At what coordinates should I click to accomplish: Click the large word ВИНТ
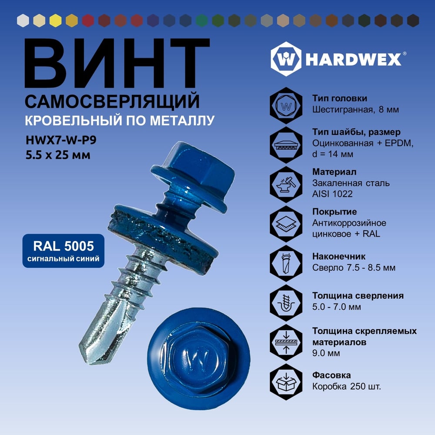(x=117, y=63)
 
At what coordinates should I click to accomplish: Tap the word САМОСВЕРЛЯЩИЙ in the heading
(x=112, y=101)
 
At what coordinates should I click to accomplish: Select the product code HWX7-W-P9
(x=61, y=140)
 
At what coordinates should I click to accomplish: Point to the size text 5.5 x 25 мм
(x=58, y=155)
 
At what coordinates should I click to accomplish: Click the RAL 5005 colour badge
(x=63, y=251)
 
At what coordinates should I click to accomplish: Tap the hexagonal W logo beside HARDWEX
(x=286, y=59)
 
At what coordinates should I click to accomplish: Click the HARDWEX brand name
(x=353, y=59)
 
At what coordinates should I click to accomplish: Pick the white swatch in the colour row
(x=23, y=20)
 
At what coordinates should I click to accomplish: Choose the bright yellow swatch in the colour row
(x=56, y=20)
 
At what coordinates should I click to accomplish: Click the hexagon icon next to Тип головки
(x=286, y=106)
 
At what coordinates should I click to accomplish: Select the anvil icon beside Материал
(x=286, y=184)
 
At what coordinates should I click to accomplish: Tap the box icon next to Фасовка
(x=286, y=382)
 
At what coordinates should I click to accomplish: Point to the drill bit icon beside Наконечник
(x=286, y=263)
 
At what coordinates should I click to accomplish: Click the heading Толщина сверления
(x=358, y=296)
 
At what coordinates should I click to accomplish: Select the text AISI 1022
(x=332, y=194)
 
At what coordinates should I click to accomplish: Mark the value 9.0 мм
(x=326, y=353)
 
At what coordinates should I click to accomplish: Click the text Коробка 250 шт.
(x=347, y=386)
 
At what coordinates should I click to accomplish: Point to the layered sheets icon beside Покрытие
(x=286, y=224)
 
